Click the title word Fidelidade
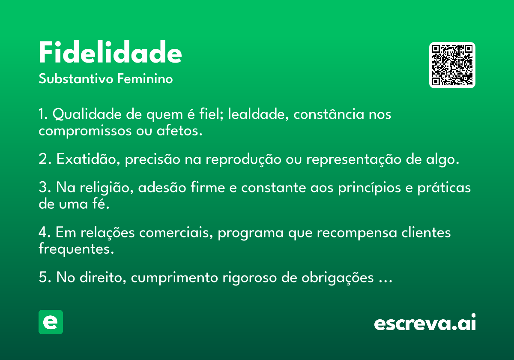(110, 52)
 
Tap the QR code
(452, 65)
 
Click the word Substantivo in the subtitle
(76, 78)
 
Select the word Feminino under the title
(145, 78)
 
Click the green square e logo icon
(51, 322)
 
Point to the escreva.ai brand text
(425, 322)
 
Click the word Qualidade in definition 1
(87, 114)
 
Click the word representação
(354, 159)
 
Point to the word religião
(107, 188)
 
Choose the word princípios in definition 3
(369, 188)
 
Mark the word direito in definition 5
(103, 277)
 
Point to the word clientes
(426, 232)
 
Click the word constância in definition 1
(329, 114)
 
